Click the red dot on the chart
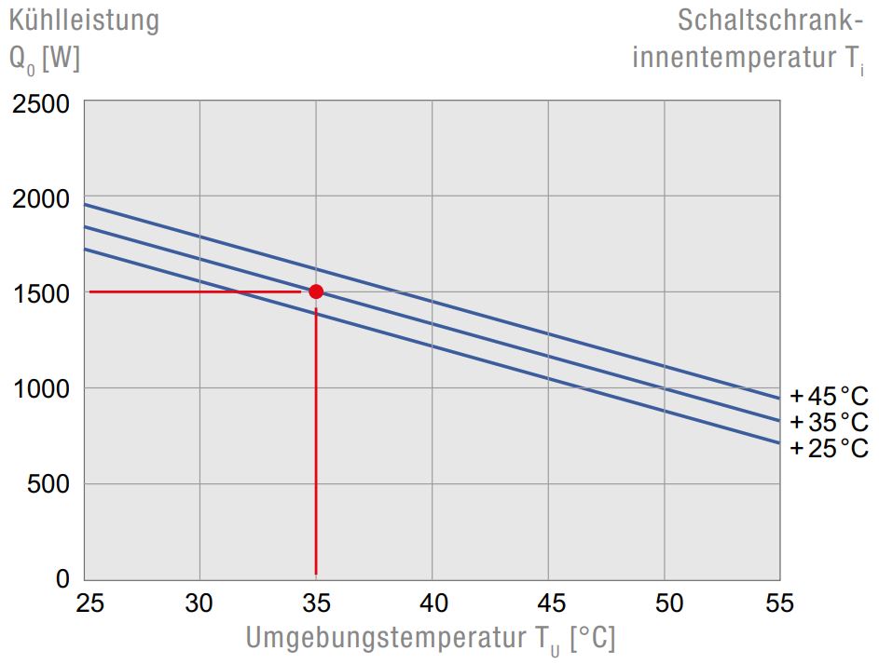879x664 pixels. click(316, 291)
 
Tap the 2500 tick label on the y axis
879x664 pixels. click(42, 103)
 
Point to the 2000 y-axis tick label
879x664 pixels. click(42, 198)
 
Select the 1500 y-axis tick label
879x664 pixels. click(42, 293)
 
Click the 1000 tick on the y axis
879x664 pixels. click(42, 388)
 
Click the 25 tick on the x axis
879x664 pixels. click(90, 603)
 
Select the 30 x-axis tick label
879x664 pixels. click(200, 603)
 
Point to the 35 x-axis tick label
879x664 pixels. click(316, 603)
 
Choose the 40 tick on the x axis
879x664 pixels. click(432, 603)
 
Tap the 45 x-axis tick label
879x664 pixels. click(548, 603)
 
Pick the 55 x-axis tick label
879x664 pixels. click(778, 603)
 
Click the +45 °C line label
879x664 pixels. click(829, 396)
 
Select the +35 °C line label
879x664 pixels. click(829, 422)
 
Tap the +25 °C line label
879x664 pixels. click(829, 448)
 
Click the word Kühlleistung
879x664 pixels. click(85, 20)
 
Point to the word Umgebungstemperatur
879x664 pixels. click(386, 639)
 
